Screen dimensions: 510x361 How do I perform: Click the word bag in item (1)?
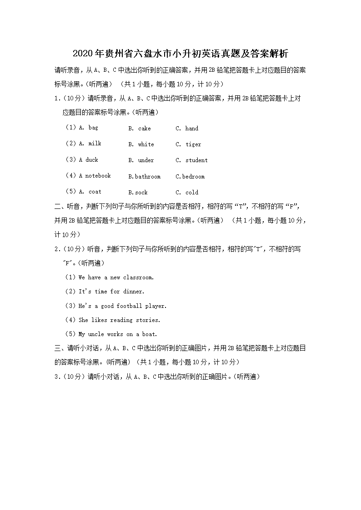[x=93, y=128]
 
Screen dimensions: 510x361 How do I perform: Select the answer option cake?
[x=144, y=129]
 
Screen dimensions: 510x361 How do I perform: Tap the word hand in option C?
[x=191, y=129]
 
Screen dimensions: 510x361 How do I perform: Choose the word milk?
[x=95, y=144]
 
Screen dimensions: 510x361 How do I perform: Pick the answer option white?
[x=146, y=144]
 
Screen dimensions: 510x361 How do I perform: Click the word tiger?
[x=193, y=144]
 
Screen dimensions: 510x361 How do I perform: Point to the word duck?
[x=91, y=160]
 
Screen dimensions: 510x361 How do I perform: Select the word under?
[x=146, y=160]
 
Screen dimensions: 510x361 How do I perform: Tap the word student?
[x=196, y=160]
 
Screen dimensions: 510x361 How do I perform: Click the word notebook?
[x=98, y=176]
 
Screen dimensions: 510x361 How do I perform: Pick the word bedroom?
[x=193, y=176]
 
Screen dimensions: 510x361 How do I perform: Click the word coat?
[x=95, y=192]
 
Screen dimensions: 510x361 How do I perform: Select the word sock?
[x=141, y=193]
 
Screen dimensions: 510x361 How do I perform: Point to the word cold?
[x=192, y=193]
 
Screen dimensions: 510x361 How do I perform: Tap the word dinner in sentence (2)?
[x=133, y=292]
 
